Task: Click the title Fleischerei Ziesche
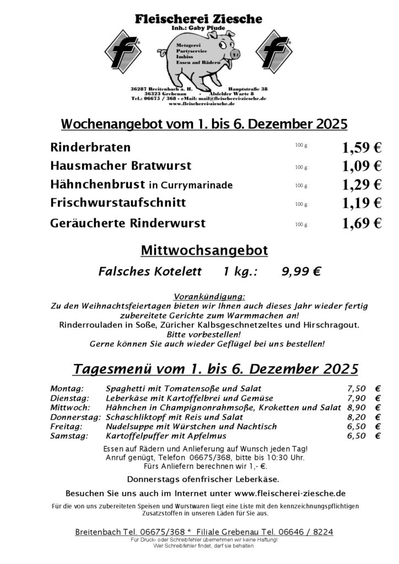click(199, 20)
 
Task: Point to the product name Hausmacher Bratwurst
click(120, 165)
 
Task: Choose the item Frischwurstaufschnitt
click(117, 203)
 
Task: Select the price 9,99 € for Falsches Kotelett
click(301, 271)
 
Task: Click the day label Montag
click(67, 388)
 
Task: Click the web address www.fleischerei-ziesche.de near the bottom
click(290, 493)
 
